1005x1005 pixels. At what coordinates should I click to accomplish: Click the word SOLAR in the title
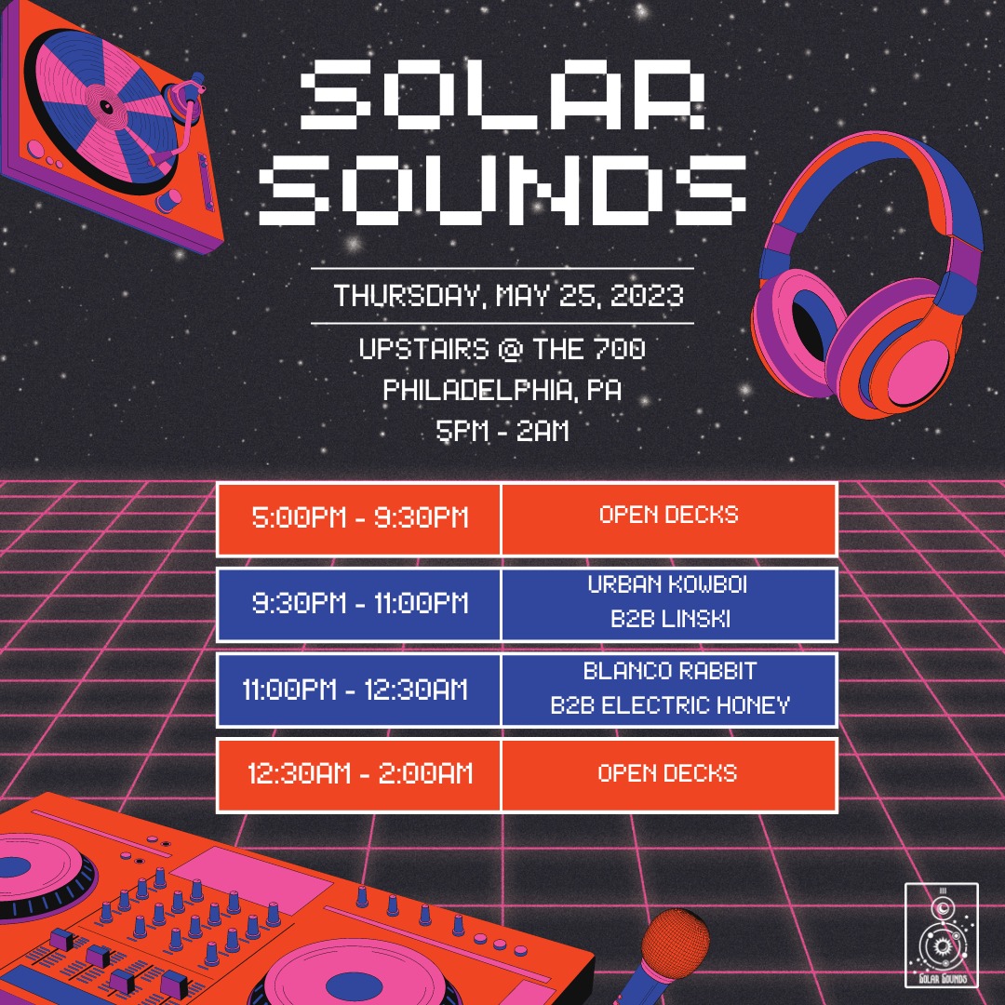(503, 94)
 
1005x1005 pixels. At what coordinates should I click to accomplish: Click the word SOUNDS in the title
(502, 191)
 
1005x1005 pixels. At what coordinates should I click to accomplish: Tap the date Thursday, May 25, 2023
(509, 296)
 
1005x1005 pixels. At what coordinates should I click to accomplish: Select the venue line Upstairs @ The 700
(502, 349)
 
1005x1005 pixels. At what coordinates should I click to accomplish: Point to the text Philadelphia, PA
(502, 390)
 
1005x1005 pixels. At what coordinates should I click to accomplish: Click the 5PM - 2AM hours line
(502, 431)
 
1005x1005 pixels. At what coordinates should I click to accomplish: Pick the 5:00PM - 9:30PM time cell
(359, 518)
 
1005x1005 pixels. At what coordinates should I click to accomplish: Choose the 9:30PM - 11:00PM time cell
(359, 604)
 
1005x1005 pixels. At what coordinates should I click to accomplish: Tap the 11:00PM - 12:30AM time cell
(359, 690)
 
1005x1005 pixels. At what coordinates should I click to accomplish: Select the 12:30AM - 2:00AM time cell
(359, 775)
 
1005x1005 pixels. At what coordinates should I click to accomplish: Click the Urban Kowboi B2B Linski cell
(669, 604)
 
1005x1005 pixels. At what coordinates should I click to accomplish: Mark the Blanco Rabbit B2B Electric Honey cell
(669, 690)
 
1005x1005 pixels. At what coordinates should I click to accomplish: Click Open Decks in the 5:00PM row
(668, 515)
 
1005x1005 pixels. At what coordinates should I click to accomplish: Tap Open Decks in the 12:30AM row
(667, 773)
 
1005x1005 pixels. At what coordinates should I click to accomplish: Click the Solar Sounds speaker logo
(942, 935)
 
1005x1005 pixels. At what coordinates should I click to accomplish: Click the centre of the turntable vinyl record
(106, 106)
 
